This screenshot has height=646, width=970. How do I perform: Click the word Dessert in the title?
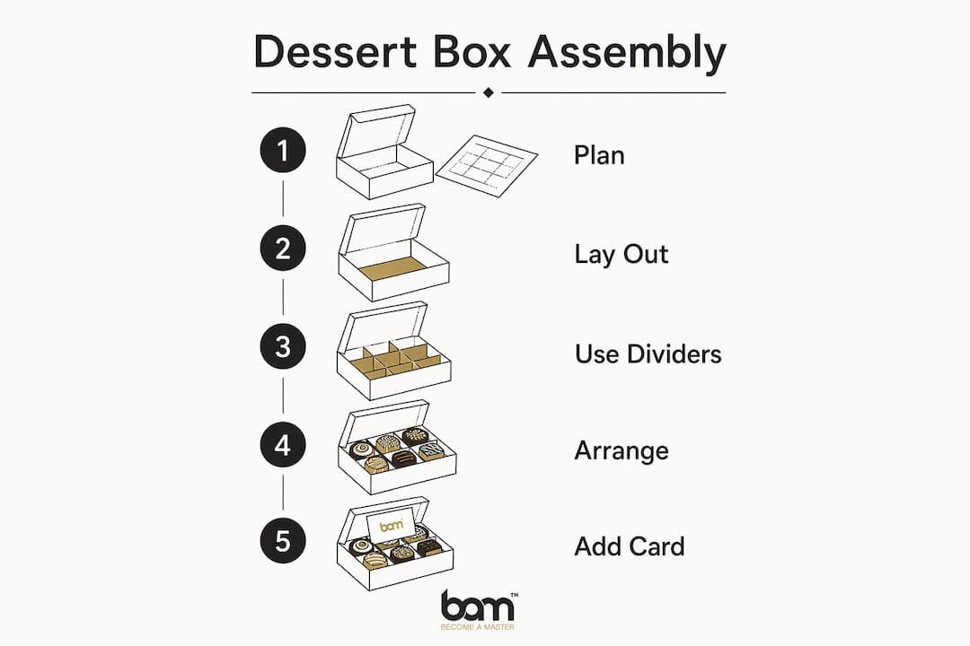pos(335,51)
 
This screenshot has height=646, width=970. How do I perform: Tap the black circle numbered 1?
pos(283,150)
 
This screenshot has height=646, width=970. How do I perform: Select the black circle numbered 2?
pos(283,249)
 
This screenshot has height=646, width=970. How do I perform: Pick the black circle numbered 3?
pos(283,347)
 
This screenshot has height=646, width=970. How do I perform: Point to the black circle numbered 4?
pos(283,444)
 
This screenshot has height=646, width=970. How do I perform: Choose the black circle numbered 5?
pos(283,541)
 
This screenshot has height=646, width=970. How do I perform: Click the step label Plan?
pos(599,155)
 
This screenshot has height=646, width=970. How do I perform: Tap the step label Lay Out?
pos(622,255)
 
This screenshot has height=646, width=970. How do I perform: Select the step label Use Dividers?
pos(648,354)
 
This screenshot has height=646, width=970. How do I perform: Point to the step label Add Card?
pos(629,547)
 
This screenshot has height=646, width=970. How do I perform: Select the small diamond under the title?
pos(488,92)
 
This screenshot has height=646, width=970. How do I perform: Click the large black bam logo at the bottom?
pos(477,607)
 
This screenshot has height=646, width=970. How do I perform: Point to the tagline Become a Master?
pos(477,627)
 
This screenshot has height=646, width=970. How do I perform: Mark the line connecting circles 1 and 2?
pos(283,198)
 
